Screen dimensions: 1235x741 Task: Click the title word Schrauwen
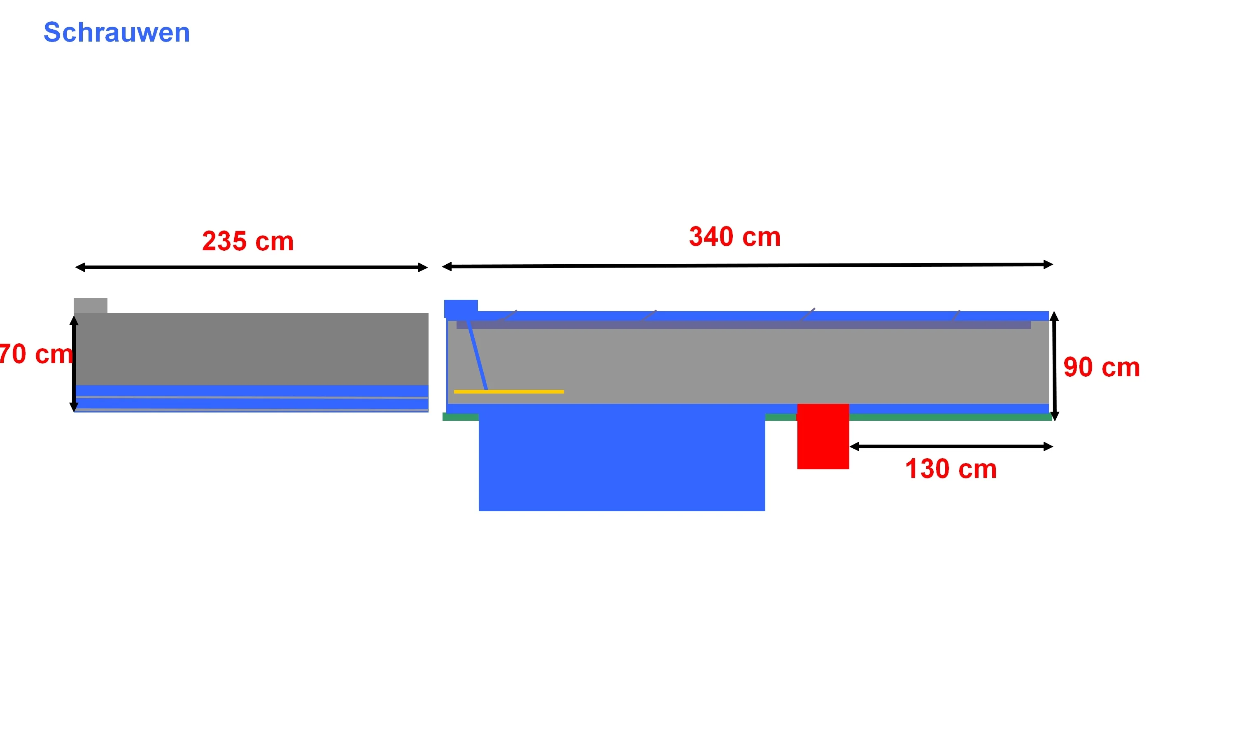(x=117, y=33)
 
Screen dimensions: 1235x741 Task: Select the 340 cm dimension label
(x=734, y=237)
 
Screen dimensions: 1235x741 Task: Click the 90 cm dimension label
(x=1101, y=368)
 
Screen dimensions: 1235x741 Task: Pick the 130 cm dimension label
(x=951, y=469)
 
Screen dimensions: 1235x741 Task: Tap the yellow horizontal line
(x=509, y=391)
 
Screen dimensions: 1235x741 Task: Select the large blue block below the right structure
(x=622, y=457)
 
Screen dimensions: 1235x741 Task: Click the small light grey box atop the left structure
(x=90, y=305)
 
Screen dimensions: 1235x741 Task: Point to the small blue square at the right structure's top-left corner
(x=461, y=309)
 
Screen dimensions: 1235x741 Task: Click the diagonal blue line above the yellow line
(x=477, y=355)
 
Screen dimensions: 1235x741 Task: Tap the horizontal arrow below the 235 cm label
(x=251, y=268)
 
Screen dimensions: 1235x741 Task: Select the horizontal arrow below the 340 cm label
(x=747, y=266)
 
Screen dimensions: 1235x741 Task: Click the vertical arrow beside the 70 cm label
(x=74, y=364)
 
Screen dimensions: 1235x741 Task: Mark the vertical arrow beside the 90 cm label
(x=1054, y=366)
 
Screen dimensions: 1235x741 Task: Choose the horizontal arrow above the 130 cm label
(x=951, y=446)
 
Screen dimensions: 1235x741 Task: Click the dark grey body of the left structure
(x=252, y=349)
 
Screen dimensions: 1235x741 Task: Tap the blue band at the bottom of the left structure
(x=252, y=398)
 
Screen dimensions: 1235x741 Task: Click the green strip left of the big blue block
(x=460, y=417)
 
